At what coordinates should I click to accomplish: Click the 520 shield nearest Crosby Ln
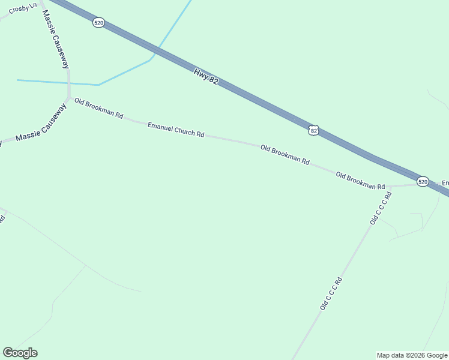click(x=99, y=22)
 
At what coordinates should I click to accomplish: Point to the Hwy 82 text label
click(x=205, y=76)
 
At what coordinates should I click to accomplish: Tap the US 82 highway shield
click(x=313, y=130)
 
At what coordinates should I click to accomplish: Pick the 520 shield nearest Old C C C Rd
click(x=423, y=181)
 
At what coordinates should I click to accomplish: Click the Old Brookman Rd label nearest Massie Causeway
click(x=98, y=108)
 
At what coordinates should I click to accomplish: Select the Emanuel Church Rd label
click(x=176, y=130)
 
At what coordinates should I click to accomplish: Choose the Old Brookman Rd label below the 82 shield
click(x=285, y=155)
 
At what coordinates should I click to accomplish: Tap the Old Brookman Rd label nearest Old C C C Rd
click(x=360, y=181)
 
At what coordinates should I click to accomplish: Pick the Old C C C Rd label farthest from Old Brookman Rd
click(x=331, y=293)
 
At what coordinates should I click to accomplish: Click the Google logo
click(x=20, y=353)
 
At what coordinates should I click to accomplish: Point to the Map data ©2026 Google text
click(x=412, y=355)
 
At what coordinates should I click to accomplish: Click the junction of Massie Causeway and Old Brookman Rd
click(x=70, y=97)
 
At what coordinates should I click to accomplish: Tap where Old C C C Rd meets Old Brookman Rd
click(x=390, y=187)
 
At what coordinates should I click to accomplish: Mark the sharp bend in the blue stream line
click(x=98, y=85)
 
